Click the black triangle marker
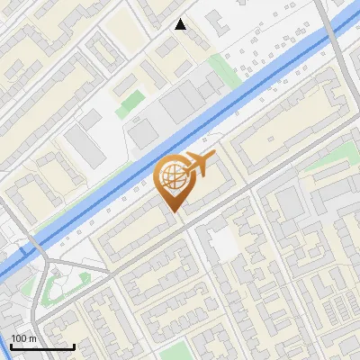181,24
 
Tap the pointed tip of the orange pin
173,211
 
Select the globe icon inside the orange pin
172,176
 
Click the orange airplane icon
198,165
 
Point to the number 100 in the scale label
20,338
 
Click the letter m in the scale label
33,338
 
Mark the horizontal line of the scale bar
42,346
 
